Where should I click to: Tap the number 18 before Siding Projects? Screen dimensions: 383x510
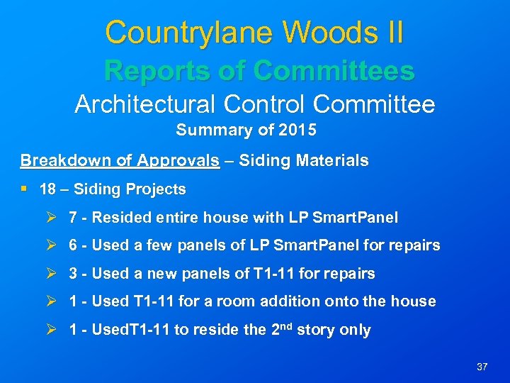coord(48,189)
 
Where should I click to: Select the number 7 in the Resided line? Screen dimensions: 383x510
coord(73,218)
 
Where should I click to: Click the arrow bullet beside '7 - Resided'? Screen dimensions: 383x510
coord(50,218)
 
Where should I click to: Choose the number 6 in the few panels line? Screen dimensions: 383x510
coord(73,245)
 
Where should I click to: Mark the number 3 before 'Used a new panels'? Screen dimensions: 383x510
coord(73,274)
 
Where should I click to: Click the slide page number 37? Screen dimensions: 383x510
coord(482,367)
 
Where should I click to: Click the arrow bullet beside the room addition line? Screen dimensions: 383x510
coord(50,301)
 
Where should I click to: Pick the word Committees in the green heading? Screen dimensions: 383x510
coord(334,71)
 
